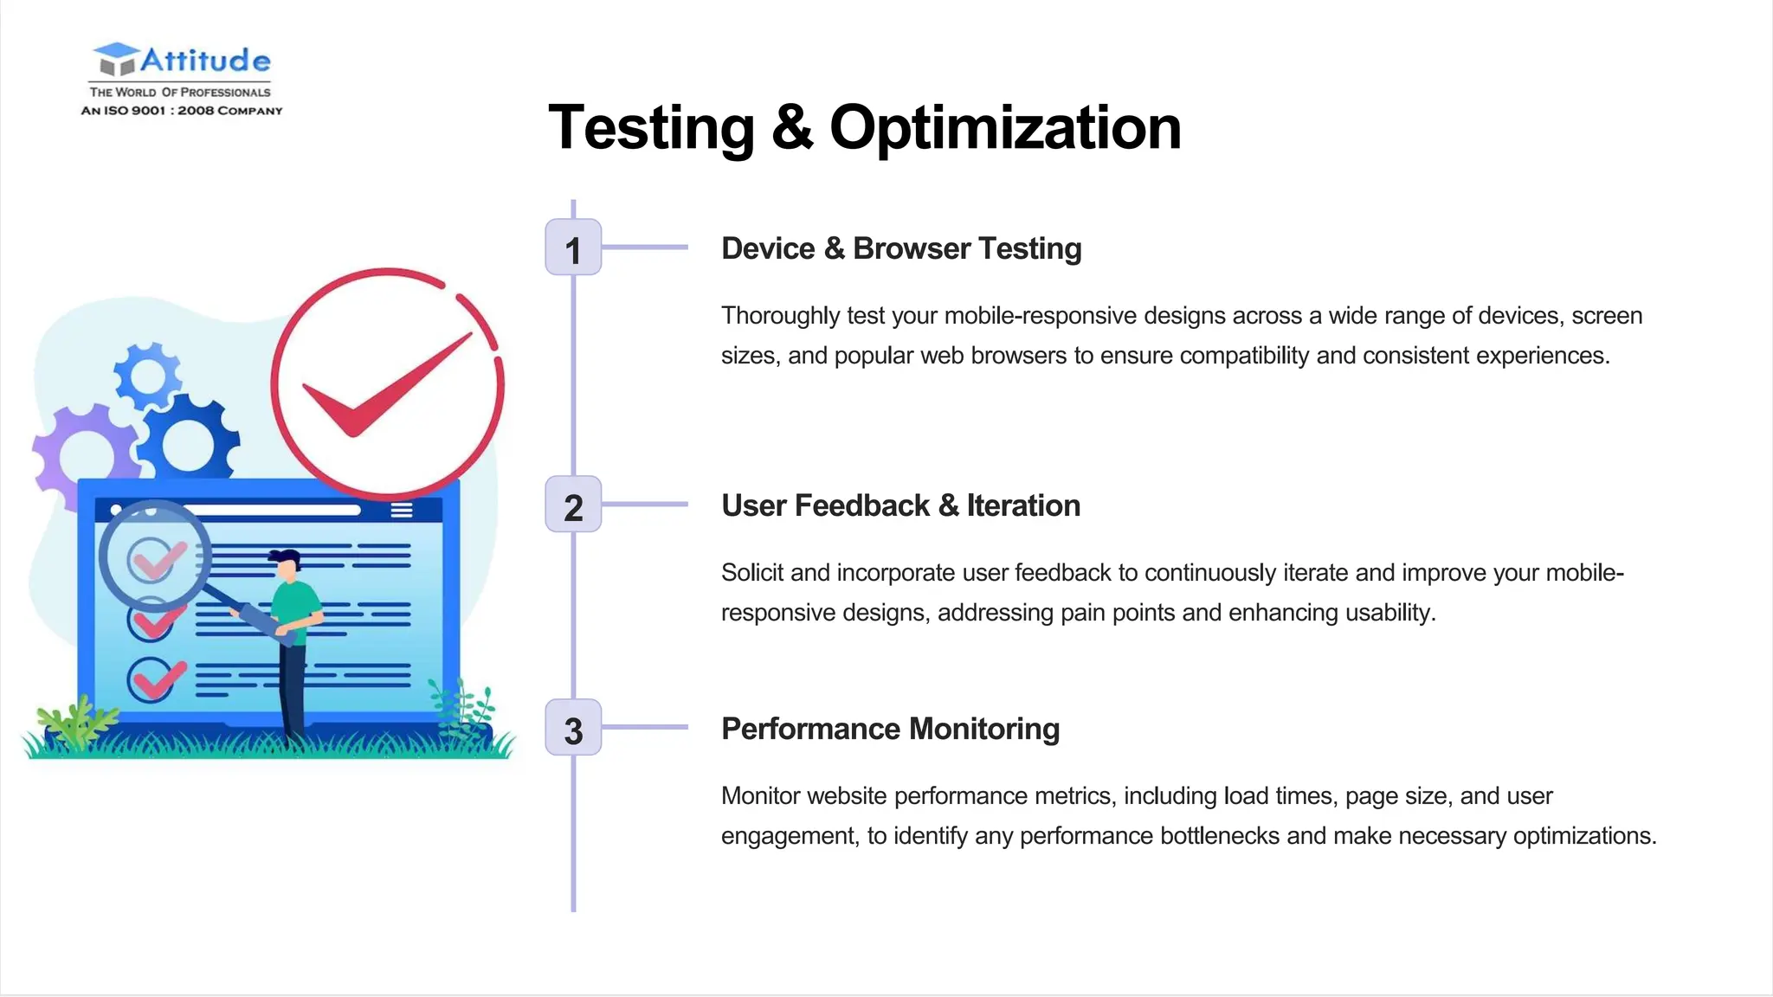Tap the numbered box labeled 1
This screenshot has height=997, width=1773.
573,248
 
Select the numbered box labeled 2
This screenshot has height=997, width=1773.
573,505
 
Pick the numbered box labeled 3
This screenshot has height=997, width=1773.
573,729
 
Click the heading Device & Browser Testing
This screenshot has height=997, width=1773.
901,248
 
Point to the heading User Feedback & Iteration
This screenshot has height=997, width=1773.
900,505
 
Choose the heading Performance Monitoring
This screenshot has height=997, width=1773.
890,729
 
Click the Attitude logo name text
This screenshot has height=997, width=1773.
205,61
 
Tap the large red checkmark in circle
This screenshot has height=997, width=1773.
387,383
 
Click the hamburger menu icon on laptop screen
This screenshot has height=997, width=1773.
401,510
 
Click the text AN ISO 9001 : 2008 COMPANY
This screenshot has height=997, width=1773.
182,111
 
